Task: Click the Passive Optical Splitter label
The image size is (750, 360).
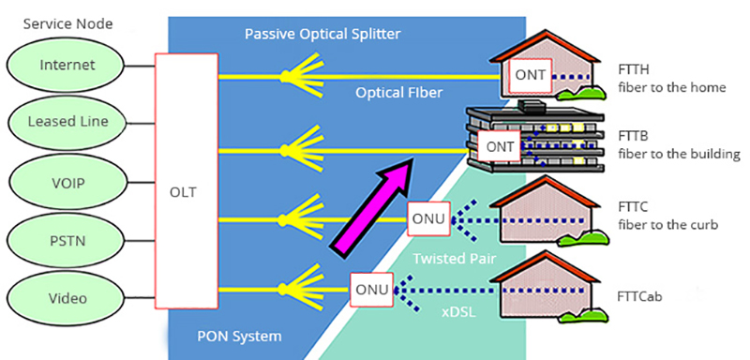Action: [x=322, y=35]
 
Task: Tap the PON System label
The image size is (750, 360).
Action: [x=239, y=336]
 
